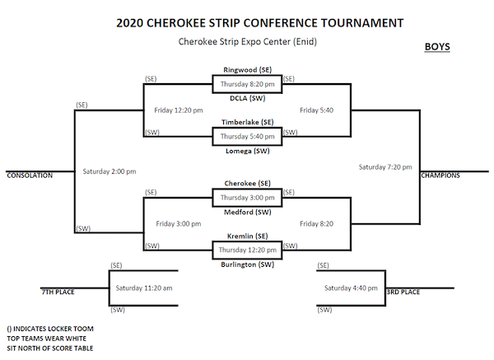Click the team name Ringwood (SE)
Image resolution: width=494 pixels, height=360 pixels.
pos(247,70)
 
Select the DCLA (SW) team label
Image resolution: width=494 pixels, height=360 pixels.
pos(247,97)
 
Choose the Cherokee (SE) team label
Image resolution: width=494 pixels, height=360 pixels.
pos(247,183)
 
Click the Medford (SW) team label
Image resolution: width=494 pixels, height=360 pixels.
pos(247,211)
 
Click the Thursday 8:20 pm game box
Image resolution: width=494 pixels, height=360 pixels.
pos(247,83)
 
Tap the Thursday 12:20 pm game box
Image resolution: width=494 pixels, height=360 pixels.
pos(247,249)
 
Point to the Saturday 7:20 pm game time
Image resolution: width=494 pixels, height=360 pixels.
pos(385,167)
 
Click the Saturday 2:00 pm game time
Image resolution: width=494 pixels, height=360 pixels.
pos(110,171)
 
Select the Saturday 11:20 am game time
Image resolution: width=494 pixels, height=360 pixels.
pos(143,288)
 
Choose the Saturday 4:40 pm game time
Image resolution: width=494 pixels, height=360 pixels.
pos(350,288)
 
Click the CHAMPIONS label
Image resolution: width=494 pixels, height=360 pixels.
pos(441,175)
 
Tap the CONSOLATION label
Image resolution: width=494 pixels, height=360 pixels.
pos(30,175)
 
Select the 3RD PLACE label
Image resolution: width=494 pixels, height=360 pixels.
pos(403,292)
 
